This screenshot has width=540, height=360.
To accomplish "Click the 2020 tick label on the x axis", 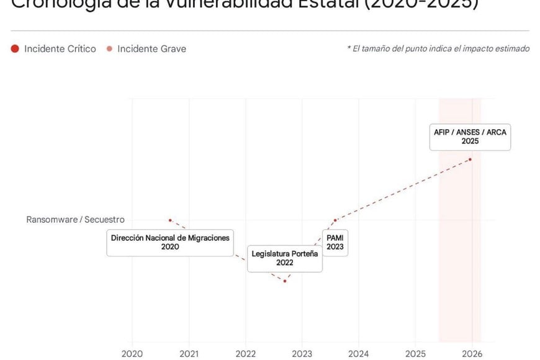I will [x=132, y=353].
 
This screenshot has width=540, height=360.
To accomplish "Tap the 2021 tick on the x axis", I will [x=189, y=353].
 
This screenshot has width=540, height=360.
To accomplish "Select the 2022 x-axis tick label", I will [x=246, y=353].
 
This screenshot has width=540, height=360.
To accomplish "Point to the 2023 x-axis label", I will [x=302, y=353].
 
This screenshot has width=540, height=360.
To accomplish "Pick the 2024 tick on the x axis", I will [x=359, y=353].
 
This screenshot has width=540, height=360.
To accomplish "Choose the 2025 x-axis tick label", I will [x=415, y=353].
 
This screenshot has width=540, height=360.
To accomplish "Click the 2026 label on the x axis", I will [x=472, y=353].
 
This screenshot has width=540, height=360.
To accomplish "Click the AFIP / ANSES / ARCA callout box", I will [x=470, y=137].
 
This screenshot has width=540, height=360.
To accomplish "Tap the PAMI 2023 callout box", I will [x=335, y=242].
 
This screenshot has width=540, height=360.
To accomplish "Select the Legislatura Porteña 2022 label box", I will [x=285, y=258].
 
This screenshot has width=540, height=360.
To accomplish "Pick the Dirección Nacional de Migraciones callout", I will [x=170, y=242].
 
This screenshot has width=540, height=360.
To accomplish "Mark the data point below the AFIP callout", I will [x=470, y=160].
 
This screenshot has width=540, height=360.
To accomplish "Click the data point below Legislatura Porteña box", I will [x=285, y=281].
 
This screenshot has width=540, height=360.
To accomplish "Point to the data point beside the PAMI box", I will [x=335, y=220].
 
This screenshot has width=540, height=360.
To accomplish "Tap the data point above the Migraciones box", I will [x=170, y=220].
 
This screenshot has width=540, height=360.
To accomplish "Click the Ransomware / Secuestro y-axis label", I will [x=75, y=220].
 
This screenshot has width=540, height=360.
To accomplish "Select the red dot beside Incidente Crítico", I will [x=15, y=48].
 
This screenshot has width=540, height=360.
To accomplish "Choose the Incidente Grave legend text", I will [x=151, y=48].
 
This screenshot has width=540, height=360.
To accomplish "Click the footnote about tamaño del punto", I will [x=438, y=48].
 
